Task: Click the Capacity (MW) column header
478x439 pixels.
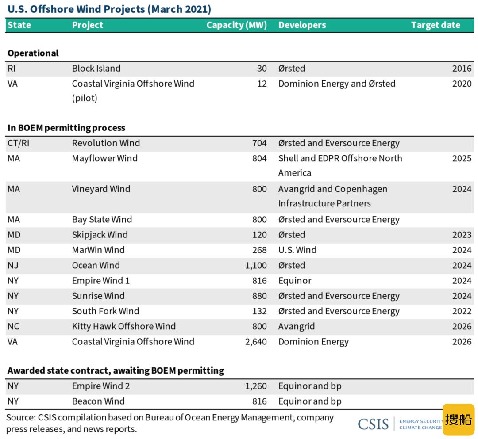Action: pyautogui.click(x=236, y=25)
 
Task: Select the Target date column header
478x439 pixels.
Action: pyautogui.click(x=436, y=25)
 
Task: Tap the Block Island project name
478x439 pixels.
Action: pyautogui.click(x=96, y=68)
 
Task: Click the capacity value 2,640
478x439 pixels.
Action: pyautogui.click(x=256, y=342)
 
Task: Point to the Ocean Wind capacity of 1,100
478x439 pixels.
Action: pyautogui.click(x=256, y=265)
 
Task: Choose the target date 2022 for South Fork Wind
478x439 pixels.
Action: pyautogui.click(x=462, y=311)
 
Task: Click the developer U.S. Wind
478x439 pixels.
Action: pyautogui.click(x=297, y=250)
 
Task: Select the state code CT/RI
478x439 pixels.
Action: pyautogui.click(x=19, y=143)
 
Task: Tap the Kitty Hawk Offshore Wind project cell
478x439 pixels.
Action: pyautogui.click(x=124, y=326)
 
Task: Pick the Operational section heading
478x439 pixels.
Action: pyautogui.click(x=33, y=53)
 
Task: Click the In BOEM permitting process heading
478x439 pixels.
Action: pyautogui.click(x=66, y=128)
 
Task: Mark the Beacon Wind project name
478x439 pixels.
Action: pyautogui.click(x=98, y=401)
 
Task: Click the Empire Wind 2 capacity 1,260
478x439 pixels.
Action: pyautogui.click(x=256, y=386)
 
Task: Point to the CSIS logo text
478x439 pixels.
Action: pyautogui.click(x=373, y=424)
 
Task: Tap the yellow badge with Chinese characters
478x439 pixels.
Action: pyautogui.click(x=459, y=420)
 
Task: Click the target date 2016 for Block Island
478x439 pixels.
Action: pyautogui.click(x=462, y=69)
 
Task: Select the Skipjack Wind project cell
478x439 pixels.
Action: pyautogui.click(x=100, y=235)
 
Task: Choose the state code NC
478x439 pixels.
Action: pyautogui.click(x=13, y=326)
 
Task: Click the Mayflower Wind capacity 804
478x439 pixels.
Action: pyautogui.click(x=259, y=158)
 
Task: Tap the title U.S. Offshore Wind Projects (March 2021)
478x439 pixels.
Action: pyautogui.click(x=109, y=9)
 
